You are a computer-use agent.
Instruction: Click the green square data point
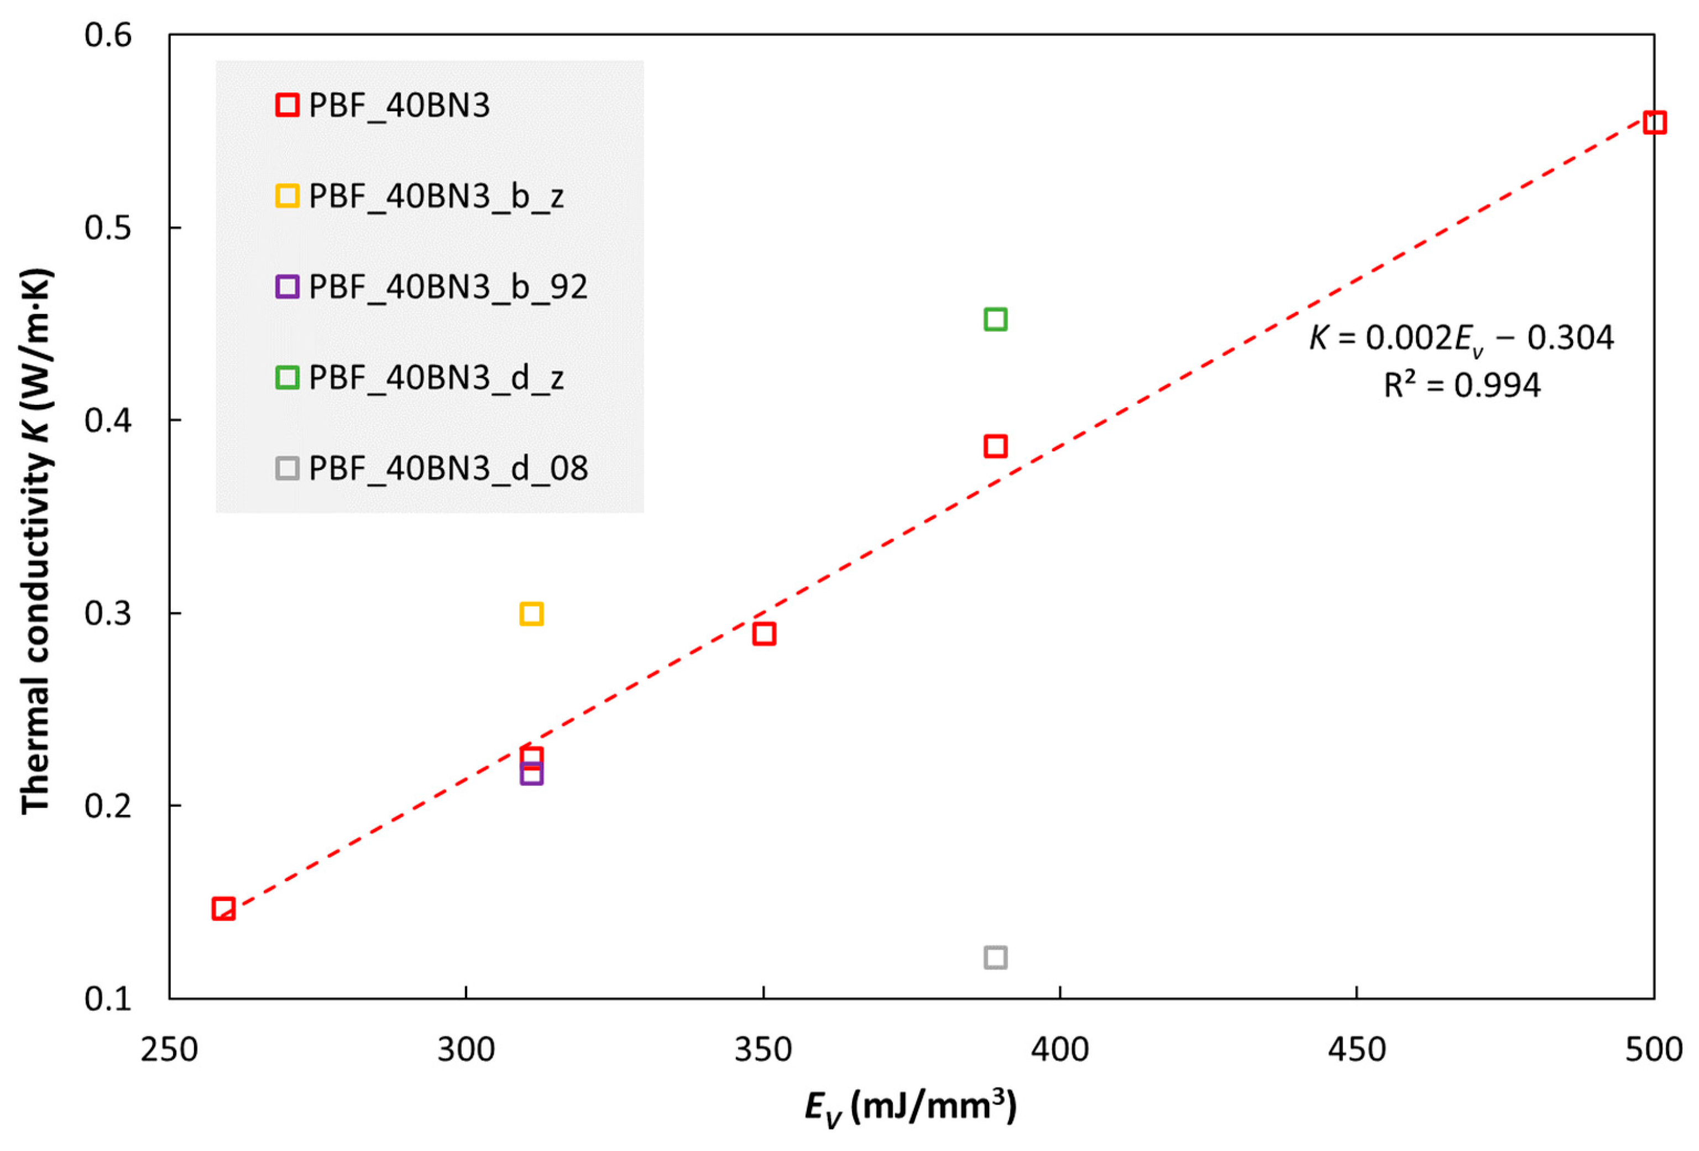point(996,320)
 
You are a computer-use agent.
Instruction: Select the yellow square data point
point(531,613)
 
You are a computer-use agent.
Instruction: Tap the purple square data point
point(531,774)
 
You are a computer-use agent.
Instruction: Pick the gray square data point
point(996,957)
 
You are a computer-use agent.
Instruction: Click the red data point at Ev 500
point(1654,122)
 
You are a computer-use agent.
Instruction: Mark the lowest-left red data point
point(224,909)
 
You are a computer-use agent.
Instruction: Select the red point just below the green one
point(996,446)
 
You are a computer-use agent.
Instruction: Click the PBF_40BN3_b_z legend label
point(436,196)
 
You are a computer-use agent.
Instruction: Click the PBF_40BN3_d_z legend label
point(436,377)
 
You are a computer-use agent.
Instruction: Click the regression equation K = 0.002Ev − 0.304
point(1461,338)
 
